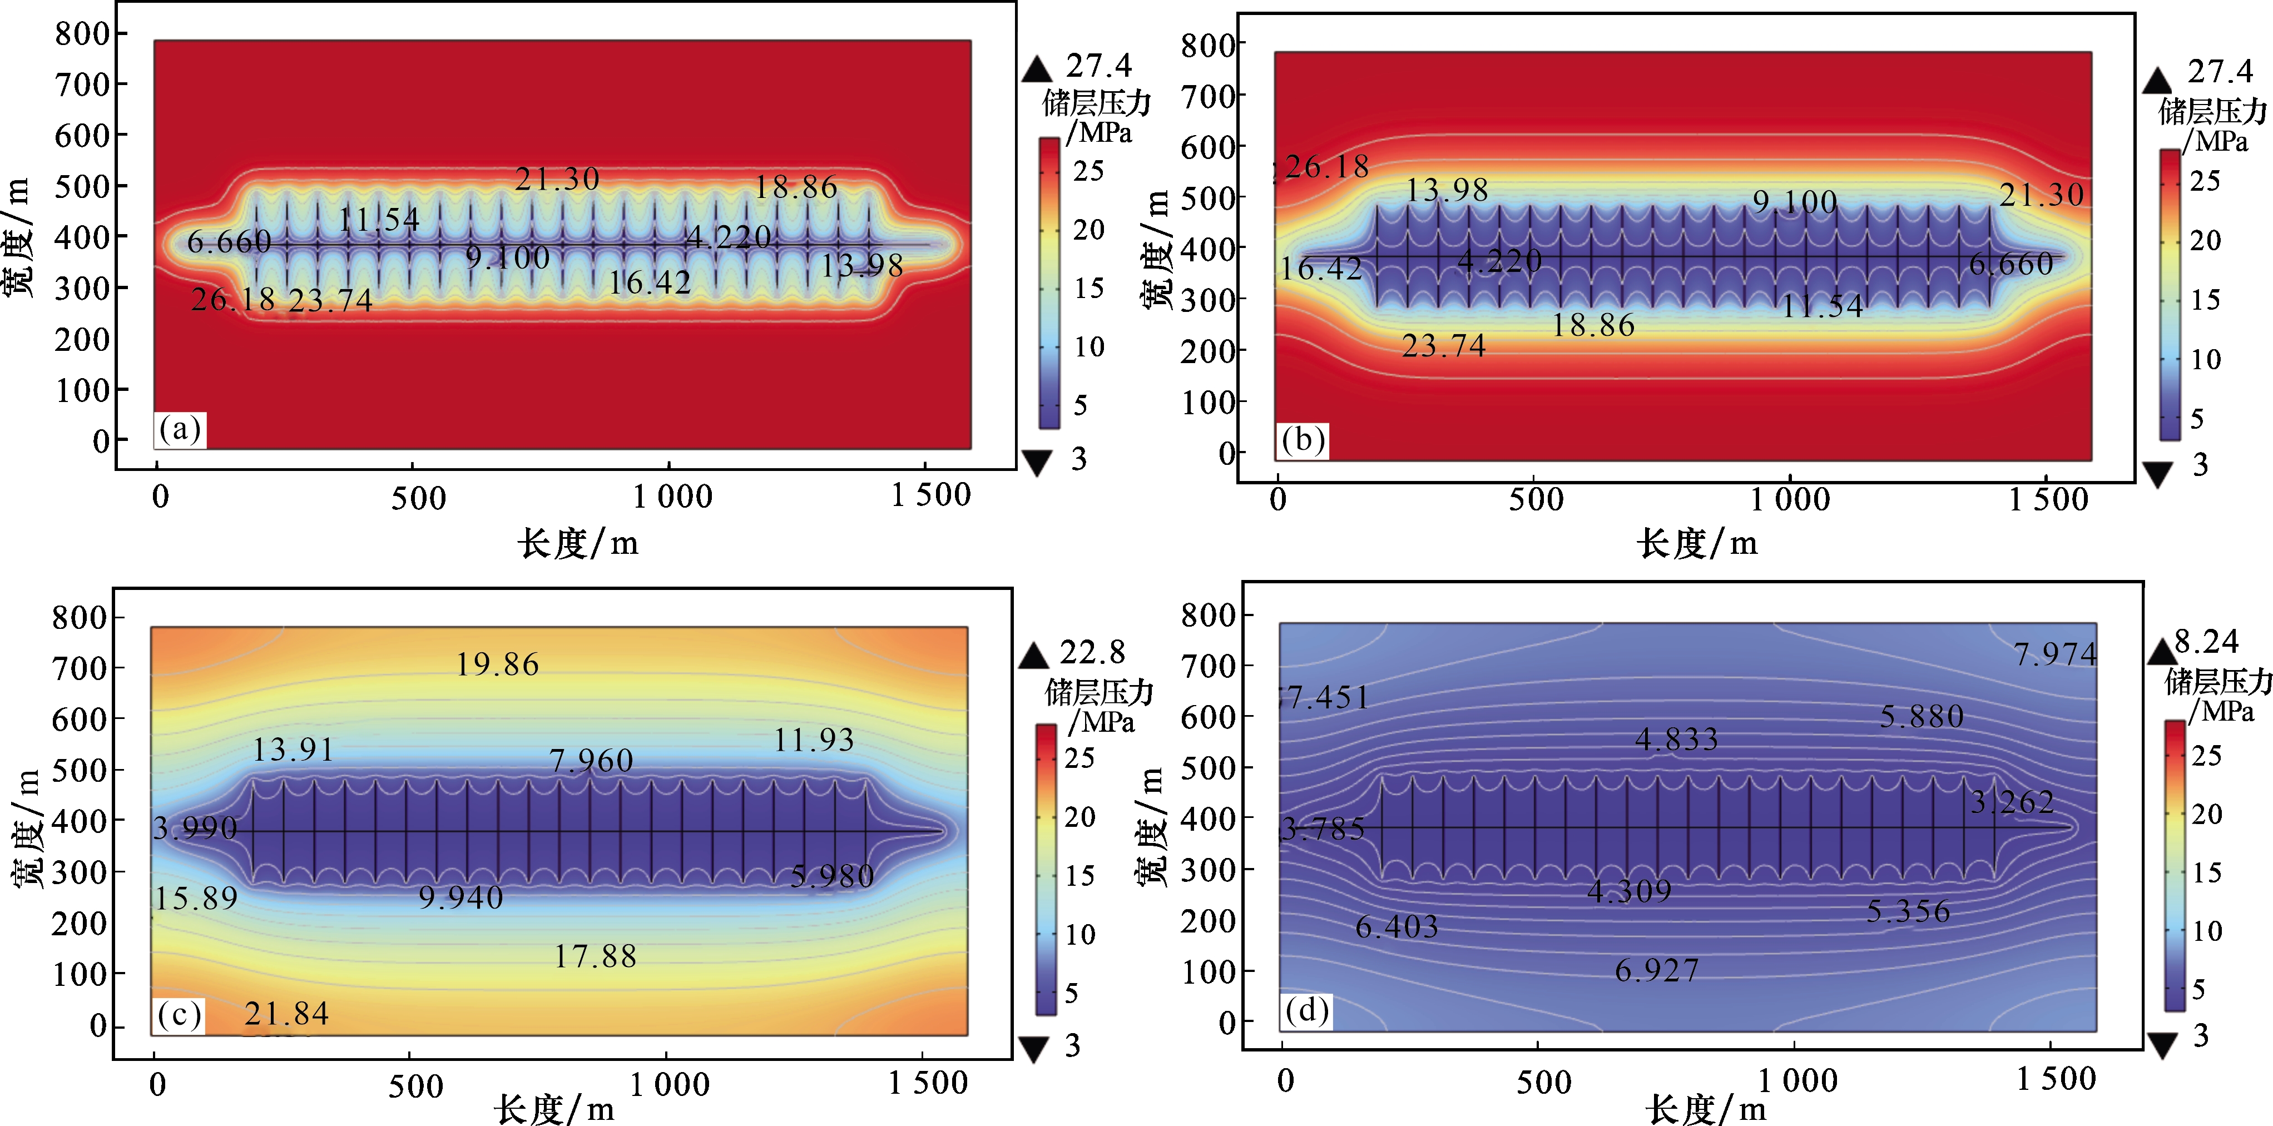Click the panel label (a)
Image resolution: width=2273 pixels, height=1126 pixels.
[180, 430]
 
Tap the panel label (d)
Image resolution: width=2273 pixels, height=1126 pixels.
[1306, 1010]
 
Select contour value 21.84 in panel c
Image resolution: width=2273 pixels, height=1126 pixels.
[287, 1014]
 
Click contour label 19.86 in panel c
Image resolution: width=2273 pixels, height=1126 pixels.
[497, 664]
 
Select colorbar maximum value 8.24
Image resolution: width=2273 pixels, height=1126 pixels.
[2206, 642]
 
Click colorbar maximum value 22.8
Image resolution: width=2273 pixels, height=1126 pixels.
[1092, 652]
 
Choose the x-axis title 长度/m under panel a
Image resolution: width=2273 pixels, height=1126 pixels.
[578, 543]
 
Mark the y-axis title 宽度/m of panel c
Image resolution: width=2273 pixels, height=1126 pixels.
[27, 828]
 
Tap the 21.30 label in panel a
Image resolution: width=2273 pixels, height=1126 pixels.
[557, 180]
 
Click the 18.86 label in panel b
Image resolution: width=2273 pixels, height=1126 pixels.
[1593, 326]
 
